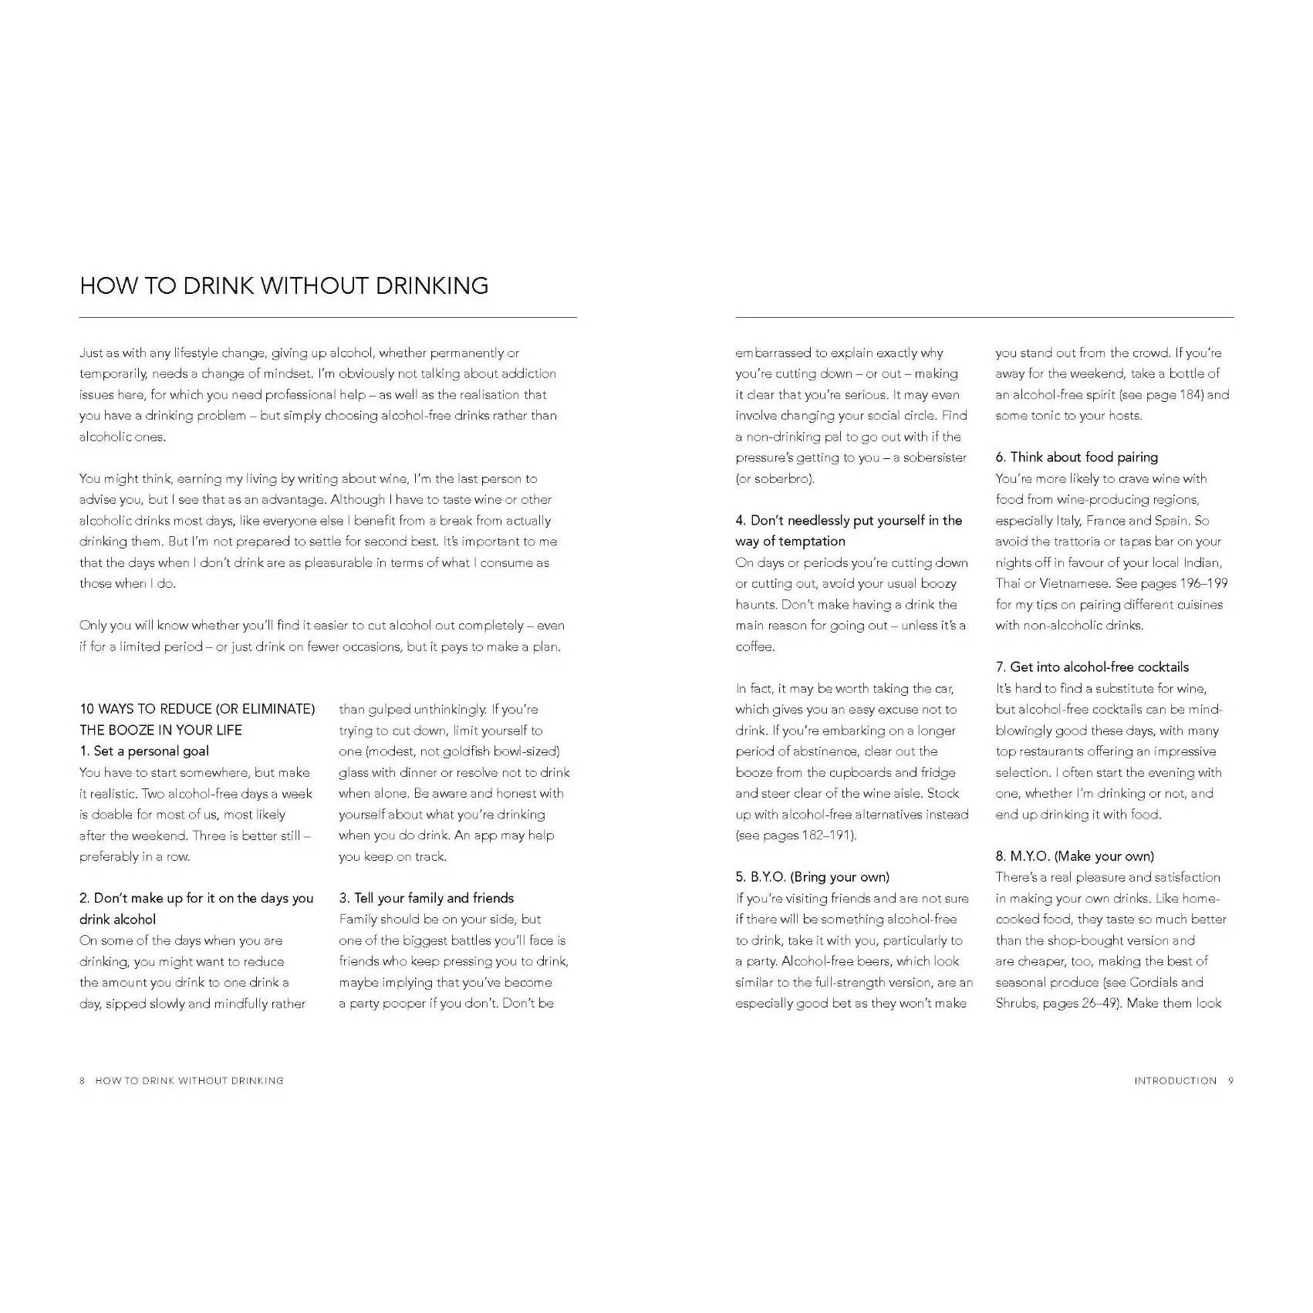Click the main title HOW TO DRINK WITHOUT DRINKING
pos(284,285)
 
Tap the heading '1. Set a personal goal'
pos(143,751)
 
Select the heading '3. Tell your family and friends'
pos(426,898)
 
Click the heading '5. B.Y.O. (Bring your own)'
pos(812,877)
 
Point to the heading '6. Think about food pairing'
pos(1076,457)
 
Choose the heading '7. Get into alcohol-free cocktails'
pos(1092,667)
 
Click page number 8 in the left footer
pos(83,1081)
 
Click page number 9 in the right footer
pos(1230,1081)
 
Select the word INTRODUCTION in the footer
pos(1175,1081)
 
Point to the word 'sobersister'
pos(934,457)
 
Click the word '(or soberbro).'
pos(774,478)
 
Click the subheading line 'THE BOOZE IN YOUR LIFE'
pos(160,731)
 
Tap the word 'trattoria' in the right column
pos(1076,542)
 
